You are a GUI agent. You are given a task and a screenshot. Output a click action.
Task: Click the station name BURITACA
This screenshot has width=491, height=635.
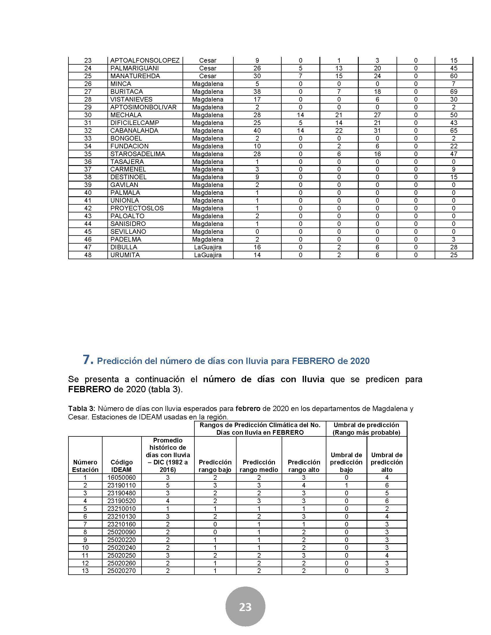coord(127,91)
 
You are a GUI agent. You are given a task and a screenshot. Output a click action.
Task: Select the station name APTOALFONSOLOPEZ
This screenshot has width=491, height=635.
coord(145,61)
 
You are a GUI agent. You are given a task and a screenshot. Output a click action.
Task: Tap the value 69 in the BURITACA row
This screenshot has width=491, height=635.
coord(453,91)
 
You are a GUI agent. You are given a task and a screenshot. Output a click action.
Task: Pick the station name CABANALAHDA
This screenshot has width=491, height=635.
coord(134,130)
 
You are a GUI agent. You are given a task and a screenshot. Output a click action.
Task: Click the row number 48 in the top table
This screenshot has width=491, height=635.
coord(88,255)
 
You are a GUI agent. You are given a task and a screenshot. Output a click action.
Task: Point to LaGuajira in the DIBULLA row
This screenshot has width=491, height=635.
coord(208,247)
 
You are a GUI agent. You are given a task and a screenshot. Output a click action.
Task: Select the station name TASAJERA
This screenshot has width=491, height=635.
coord(127,162)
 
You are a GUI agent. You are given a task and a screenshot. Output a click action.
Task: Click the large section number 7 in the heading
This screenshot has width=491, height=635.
coord(88,360)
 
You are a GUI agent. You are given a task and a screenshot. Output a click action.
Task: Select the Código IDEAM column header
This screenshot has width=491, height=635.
coord(122,466)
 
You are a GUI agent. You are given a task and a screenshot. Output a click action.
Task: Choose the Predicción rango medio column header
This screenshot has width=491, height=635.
coord(259,466)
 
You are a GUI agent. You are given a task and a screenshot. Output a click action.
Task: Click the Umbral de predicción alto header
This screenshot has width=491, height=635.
coord(386,462)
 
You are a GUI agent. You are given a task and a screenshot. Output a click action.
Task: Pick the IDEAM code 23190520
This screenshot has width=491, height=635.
coord(122,501)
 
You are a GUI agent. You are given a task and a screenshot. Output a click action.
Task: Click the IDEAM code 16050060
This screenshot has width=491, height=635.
coord(122,477)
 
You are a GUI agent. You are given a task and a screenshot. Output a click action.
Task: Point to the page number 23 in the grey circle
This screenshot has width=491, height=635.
coord(245,607)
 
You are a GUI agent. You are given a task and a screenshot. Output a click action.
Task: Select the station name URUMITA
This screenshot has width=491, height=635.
coord(125,255)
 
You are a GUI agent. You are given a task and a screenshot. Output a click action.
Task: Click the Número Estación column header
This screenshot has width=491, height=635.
coord(85,466)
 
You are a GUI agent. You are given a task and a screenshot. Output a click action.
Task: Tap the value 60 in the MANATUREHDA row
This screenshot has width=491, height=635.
coord(453,76)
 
